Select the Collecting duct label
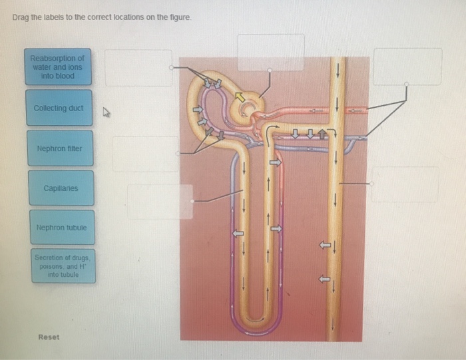click(x=59, y=108)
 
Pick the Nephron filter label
click(x=59, y=148)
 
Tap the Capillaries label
click(x=61, y=188)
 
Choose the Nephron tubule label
click(x=61, y=228)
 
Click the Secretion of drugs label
click(x=63, y=265)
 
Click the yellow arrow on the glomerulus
click(x=240, y=97)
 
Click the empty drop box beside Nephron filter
click(x=144, y=154)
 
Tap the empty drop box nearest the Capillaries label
click(x=160, y=201)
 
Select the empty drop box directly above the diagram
click(x=271, y=52)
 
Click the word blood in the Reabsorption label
click(x=65, y=76)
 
